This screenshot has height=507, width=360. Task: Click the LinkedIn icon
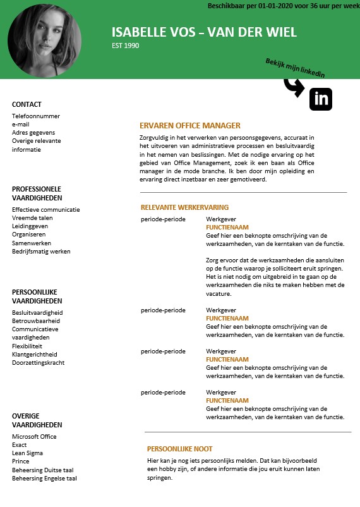point(321,99)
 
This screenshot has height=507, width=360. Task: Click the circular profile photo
point(44,40)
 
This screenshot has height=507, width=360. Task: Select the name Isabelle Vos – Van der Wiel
point(204,33)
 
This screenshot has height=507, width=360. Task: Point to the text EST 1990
point(126,46)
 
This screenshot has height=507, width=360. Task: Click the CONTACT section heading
point(27,104)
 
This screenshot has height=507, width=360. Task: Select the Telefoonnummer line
point(36,116)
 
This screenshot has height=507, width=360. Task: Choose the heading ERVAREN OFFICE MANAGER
point(190,126)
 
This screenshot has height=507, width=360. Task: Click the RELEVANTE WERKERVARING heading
point(184,207)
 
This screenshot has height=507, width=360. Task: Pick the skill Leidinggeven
point(30,226)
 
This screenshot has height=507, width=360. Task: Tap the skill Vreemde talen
point(32,218)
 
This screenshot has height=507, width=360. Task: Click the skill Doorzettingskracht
point(39,363)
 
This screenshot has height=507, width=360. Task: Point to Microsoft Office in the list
point(34,437)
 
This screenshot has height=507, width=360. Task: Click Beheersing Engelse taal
point(44,479)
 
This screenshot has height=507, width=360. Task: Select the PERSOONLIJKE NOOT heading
point(180,449)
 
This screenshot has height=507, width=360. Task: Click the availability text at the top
point(283,6)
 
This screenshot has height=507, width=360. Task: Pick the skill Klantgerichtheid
point(34,355)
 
